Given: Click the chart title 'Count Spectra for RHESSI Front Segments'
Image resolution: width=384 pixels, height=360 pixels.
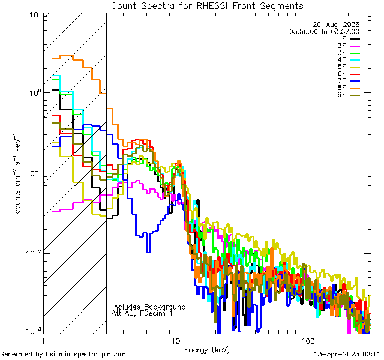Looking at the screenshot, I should click(207, 6).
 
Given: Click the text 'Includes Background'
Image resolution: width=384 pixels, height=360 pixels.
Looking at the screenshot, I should click(149, 307).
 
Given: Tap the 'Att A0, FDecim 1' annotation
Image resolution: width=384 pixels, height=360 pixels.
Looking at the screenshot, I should click(143, 314).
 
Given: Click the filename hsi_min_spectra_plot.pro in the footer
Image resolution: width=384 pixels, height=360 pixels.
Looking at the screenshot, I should click(86, 354).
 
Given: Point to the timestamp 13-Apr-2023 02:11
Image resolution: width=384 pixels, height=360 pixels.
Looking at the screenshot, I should click(348, 354).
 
